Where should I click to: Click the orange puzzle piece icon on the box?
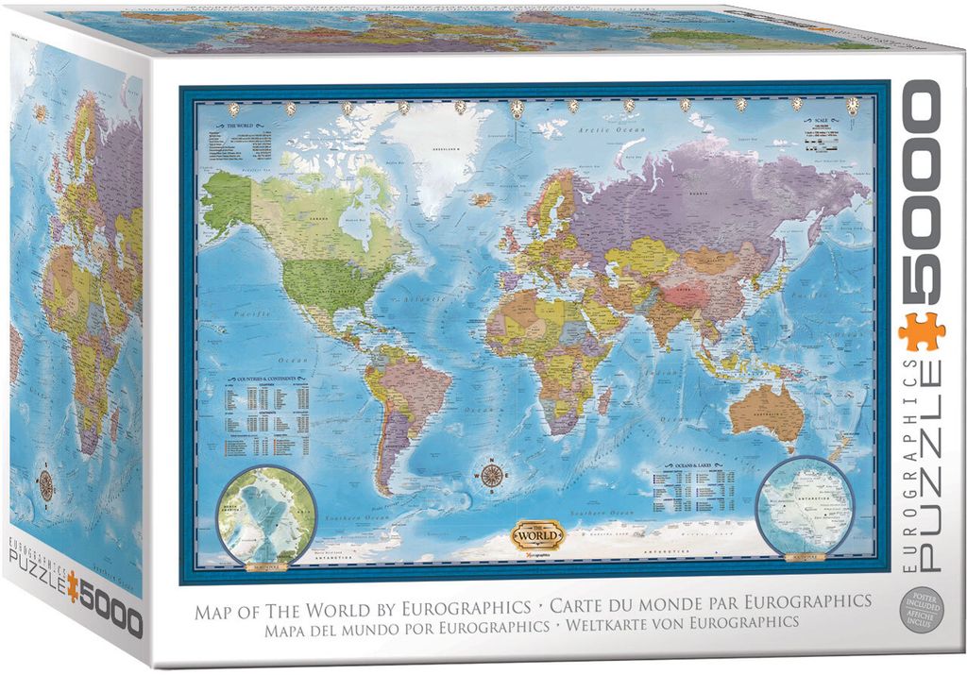922,331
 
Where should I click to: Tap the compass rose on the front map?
491,474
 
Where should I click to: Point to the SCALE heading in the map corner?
814,121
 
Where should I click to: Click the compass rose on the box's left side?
44,484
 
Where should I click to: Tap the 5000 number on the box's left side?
107,621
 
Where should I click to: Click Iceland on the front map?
483,200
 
